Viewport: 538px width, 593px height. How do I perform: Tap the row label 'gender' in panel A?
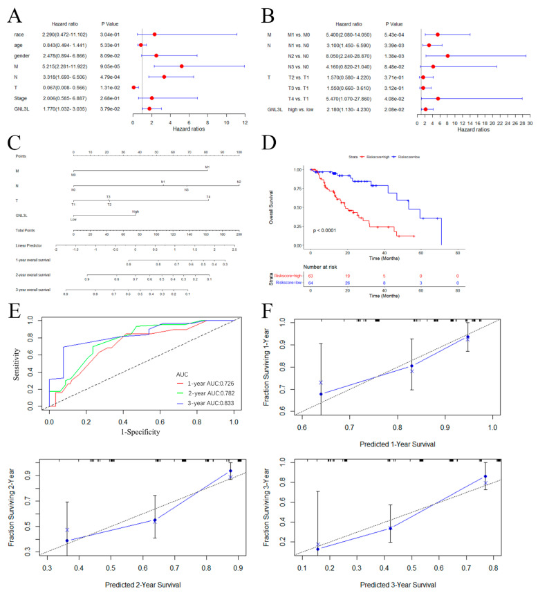click(x=21, y=55)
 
